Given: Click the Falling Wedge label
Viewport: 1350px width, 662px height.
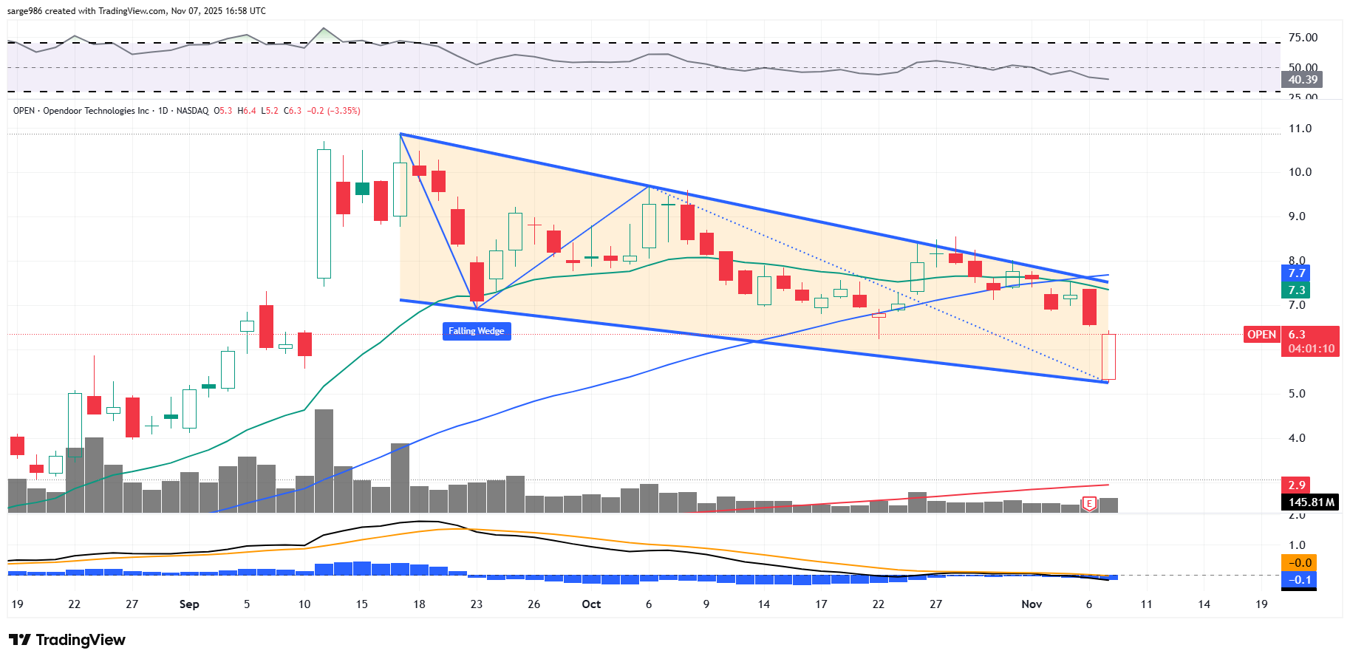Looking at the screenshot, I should click(477, 331).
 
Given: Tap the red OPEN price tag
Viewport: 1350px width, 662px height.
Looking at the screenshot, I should click(1261, 335).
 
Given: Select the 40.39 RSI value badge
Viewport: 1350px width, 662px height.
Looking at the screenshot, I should click(1302, 80).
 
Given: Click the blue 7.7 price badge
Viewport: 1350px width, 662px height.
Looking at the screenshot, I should click(1296, 273).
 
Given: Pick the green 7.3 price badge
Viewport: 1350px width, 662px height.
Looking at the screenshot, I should click(1296, 290).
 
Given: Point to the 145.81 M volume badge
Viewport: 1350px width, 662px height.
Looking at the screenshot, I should click(1311, 502).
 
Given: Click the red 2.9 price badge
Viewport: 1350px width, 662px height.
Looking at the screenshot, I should click(1296, 485).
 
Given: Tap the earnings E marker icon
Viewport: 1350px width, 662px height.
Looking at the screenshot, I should click(1088, 504).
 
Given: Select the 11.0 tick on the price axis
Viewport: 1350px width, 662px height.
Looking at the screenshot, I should click(1300, 129).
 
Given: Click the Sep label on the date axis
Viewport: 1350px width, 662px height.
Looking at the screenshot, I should click(189, 604).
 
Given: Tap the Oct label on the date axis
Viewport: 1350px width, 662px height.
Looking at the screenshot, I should click(591, 604).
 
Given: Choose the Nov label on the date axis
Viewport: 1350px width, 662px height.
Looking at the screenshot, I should click(1032, 604).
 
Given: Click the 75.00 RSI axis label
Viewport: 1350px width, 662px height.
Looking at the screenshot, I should click(1303, 38).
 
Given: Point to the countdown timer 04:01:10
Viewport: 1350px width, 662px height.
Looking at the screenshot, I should click(1311, 349).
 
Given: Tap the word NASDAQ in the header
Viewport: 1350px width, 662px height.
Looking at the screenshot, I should click(192, 111).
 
